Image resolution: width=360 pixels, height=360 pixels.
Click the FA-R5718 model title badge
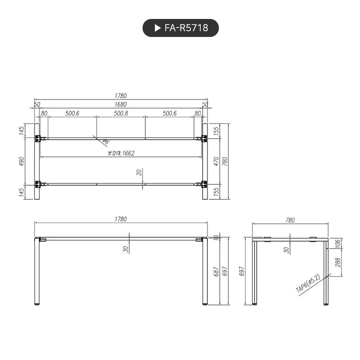180,28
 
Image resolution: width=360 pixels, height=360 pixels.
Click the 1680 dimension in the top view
121,104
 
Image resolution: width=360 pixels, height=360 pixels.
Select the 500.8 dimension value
121,114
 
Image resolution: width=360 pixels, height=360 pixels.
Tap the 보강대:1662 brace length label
121,153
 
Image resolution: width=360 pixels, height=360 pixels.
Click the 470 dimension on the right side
216,161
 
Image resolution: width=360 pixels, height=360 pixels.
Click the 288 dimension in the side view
338,262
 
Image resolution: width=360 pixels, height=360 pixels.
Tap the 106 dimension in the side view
338,243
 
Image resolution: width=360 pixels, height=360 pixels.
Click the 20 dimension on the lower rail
139,172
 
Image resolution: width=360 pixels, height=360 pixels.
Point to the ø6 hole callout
105,142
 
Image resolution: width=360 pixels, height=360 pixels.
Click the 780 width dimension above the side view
290,220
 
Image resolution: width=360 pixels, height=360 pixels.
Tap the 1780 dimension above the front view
121,219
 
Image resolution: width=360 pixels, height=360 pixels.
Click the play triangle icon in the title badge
158,28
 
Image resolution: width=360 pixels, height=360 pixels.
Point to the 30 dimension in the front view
126,249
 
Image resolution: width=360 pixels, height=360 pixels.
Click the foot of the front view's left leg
37,304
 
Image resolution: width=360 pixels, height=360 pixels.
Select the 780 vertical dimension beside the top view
225,161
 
